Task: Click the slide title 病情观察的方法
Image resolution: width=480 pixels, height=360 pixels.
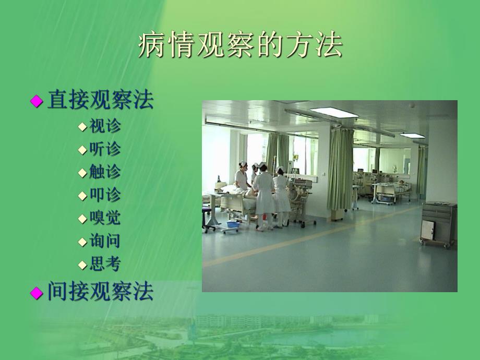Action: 241,46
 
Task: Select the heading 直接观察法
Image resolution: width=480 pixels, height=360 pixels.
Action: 100,100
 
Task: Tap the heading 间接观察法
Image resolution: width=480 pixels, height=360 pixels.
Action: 100,292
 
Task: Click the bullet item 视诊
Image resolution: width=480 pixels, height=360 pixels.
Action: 105,126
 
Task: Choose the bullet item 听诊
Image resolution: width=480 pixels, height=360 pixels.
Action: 105,149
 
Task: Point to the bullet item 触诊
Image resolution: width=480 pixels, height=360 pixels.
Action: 105,172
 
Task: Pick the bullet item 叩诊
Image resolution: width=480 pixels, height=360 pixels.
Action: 105,195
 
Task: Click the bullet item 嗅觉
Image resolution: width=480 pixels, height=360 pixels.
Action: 105,218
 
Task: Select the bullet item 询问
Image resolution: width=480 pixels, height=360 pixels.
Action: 105,241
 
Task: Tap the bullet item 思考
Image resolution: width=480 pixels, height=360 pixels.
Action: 105,264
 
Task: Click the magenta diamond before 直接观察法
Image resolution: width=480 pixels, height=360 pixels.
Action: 36,101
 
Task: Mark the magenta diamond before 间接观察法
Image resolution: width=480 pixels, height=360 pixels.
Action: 36,293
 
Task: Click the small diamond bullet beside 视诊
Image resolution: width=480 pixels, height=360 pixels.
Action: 82,127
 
